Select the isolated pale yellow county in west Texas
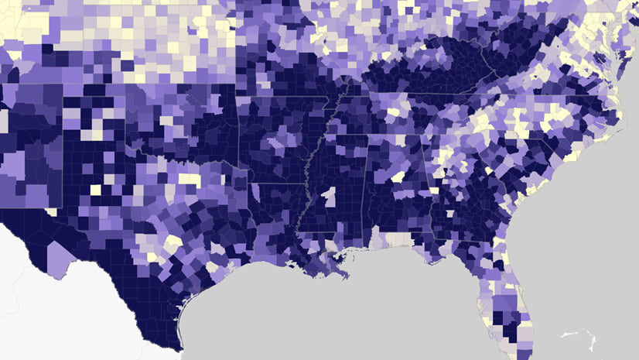96,189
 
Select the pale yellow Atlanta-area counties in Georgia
444,159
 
